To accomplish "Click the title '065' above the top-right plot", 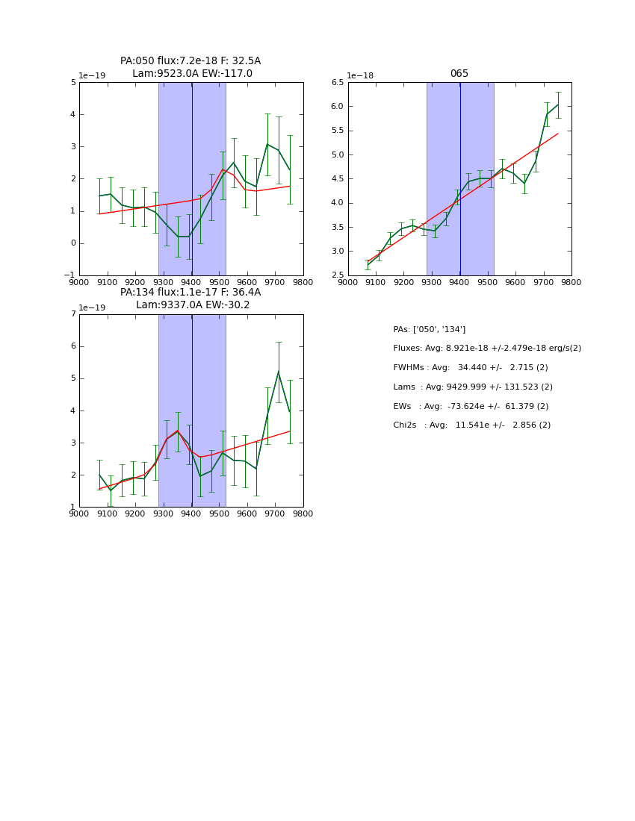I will tap(459, 74).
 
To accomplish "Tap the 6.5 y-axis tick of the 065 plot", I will tap(335, 83).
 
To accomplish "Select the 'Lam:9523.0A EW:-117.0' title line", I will tap(192, 74).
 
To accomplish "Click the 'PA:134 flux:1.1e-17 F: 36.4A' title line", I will tap(190, 293).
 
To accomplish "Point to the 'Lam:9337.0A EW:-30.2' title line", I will tap(193, 305).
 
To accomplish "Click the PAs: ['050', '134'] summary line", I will tap(429, 329).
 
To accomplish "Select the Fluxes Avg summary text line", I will tap(486, 349).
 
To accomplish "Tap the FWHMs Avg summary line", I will tap(470, 368).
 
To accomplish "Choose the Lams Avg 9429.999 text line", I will tap(472, 387).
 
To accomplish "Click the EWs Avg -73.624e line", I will tap(470, 406).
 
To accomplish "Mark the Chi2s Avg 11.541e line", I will tap(471, 425).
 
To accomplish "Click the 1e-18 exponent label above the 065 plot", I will tap(360, 76).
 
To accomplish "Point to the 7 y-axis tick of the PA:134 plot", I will tap(73, 314).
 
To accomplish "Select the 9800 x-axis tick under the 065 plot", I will tap(571, 282).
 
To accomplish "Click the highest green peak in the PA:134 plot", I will tap(279, 372).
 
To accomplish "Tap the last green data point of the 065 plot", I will tap(558, 104).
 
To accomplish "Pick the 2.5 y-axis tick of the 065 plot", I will tap(335, 275).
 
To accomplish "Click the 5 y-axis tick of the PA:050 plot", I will tap(73, 83).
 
